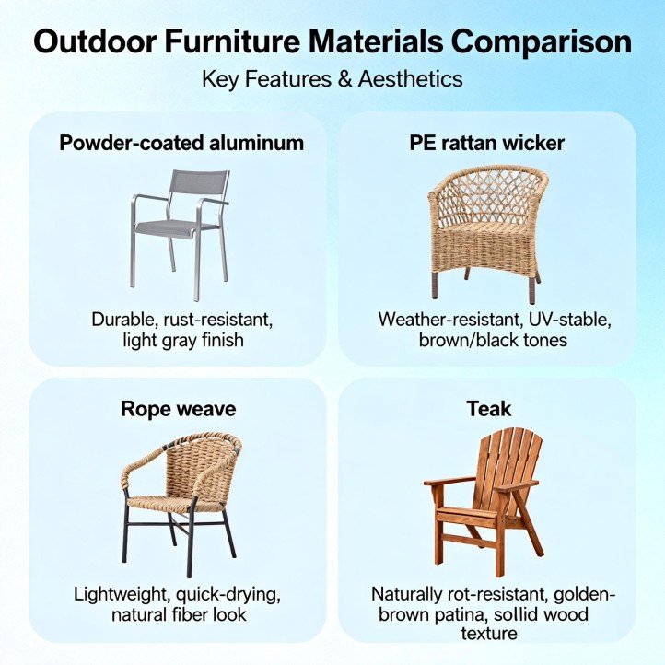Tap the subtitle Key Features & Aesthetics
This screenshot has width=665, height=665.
[x=332, y=79]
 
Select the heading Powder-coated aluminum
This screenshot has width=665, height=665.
[x=181, y=143]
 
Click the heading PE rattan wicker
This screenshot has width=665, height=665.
[x=487, y=143]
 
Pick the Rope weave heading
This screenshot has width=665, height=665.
[x=179, y=408]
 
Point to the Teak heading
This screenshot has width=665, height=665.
[x=487, y=408]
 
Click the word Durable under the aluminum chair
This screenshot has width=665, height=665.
[x=123, y=321]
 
